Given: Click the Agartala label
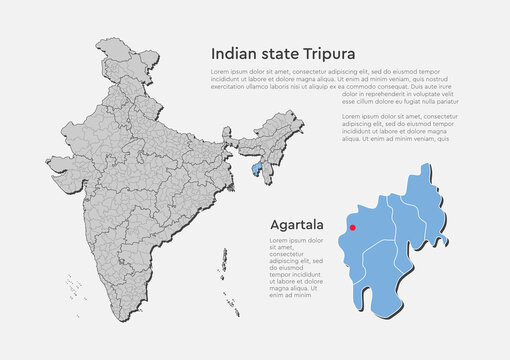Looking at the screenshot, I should pyautogui.click(x=297, y=226).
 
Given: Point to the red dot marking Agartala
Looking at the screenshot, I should pyautogui.click(x=352, y=212).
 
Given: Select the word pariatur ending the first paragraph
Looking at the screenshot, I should pyautogui.click(x=446, y=101).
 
